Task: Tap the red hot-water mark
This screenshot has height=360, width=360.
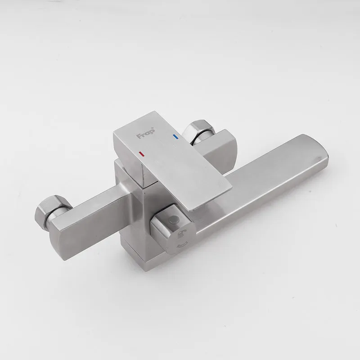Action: point(142,153)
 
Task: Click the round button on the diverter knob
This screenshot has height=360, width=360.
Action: point(173,218)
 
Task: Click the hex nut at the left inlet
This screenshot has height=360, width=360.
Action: point(51,209)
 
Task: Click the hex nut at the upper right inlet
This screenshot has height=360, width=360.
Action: point(198,131)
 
